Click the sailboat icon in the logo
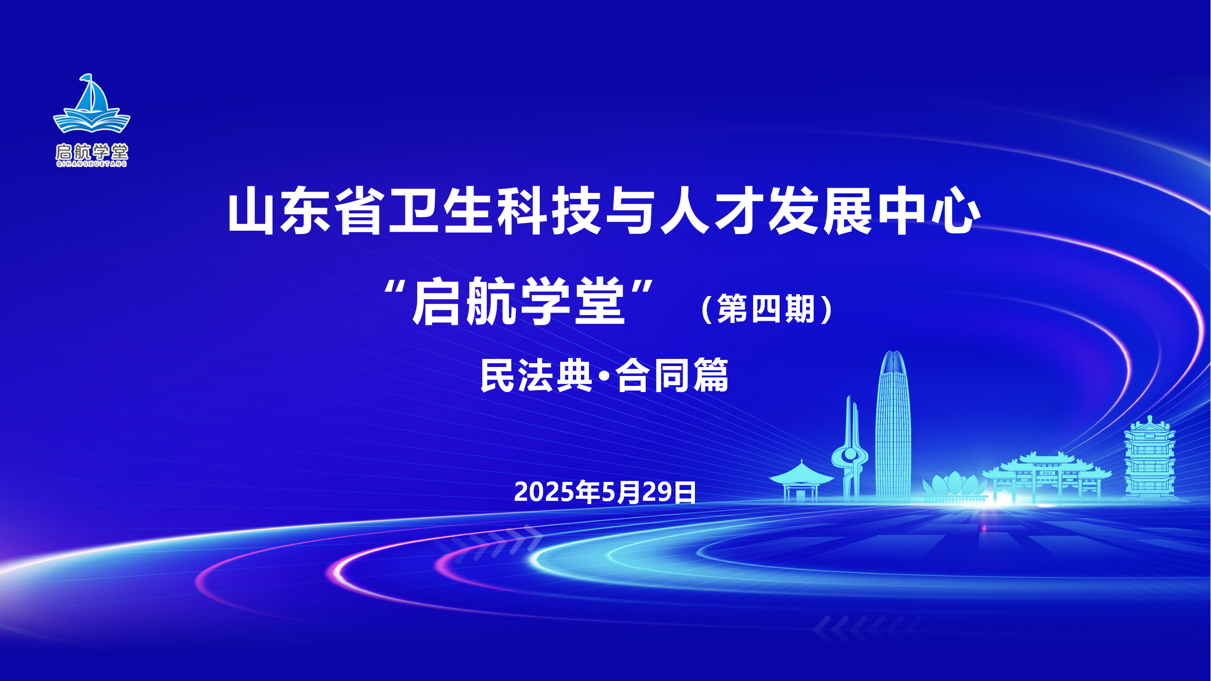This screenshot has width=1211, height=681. pyautogui.click(x=91, y=103)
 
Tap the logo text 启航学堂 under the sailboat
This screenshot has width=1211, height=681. pyautogui.click(x=92, y=152)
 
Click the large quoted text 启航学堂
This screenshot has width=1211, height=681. pyautogui.click(x=519, y=301)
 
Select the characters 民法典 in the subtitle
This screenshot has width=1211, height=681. pyautogui.click(x=536, y=375)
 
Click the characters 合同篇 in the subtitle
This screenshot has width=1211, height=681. pyautogui.click(x=672, y=375)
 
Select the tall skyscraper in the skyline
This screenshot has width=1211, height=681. pyautogui.click(x=893, y=426)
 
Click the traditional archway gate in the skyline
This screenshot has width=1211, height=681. pyautogui.click(x=1046, y=478)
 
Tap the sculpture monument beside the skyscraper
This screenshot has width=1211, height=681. pyautogui.click(x=850, y=449)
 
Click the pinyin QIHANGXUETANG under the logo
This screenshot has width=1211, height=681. pyautogui.click(x=92, y=164)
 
